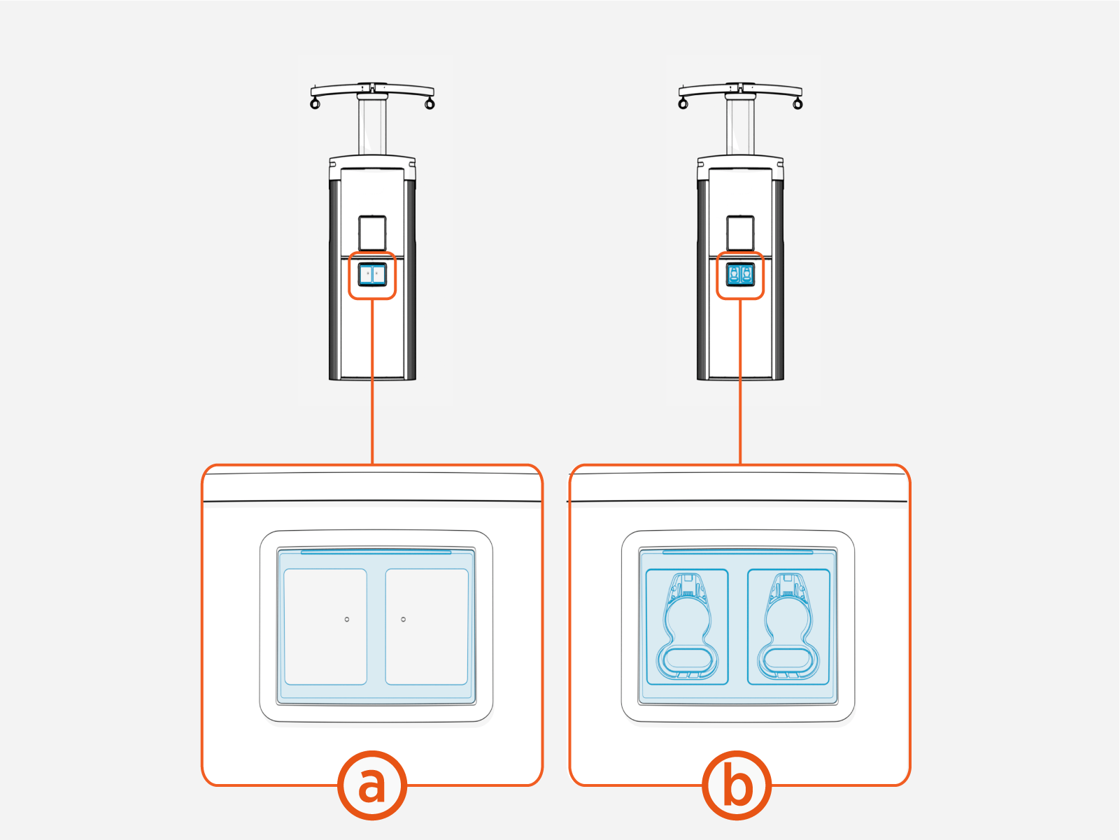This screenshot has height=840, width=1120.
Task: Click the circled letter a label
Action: pos(371,785)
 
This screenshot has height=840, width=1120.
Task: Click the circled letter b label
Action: pos(737,785)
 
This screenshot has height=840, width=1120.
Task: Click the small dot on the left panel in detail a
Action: pos(347,620)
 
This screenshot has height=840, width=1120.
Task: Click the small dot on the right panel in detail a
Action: pos(403,620)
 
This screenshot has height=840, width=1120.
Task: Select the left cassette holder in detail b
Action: pos(687,627)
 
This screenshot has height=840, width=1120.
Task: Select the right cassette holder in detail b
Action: pos(788,627)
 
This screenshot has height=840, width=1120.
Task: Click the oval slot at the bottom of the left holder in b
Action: pos(688,658)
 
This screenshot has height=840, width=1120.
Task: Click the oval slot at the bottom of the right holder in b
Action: pos(789,658)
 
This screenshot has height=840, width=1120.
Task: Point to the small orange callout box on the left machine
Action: pos(372,276)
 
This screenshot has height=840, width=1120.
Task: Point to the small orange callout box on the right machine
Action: pos(740,276)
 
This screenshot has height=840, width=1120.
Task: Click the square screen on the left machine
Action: pos(372,233)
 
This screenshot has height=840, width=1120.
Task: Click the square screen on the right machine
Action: pos(740,233)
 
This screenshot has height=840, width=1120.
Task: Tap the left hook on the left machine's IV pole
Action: pos(315,104)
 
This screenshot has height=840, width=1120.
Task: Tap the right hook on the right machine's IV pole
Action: pos(798,104)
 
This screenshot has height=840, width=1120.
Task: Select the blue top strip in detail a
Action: pos(376,552)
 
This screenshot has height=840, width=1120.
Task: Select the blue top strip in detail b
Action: pos(738,552)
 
